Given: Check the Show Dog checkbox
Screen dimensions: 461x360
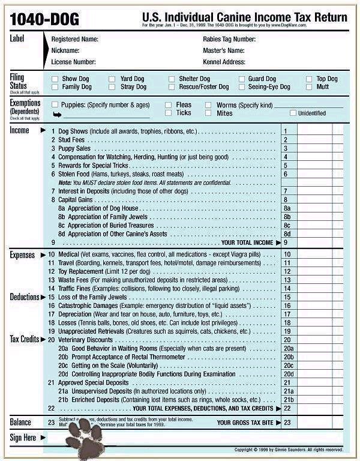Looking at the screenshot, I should click(55, 79).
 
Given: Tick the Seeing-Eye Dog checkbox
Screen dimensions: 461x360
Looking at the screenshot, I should click(242, 87).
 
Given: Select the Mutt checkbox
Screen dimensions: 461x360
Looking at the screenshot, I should click(310, 87).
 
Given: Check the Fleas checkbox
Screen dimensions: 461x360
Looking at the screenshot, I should click(169, 105).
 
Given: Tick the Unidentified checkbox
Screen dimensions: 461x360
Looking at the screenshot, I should click(293, 113).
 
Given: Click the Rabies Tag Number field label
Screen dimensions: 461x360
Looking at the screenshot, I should click(229, 40).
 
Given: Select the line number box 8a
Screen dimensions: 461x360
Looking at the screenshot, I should click(287, 208).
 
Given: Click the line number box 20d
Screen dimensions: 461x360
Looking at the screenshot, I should click(288, 373).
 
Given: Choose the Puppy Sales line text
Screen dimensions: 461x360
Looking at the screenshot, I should click(74, 148).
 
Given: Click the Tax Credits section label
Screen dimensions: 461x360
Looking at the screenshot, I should click(24, 339).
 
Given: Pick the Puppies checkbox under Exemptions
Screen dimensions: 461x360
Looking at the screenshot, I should click(55, 105).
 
